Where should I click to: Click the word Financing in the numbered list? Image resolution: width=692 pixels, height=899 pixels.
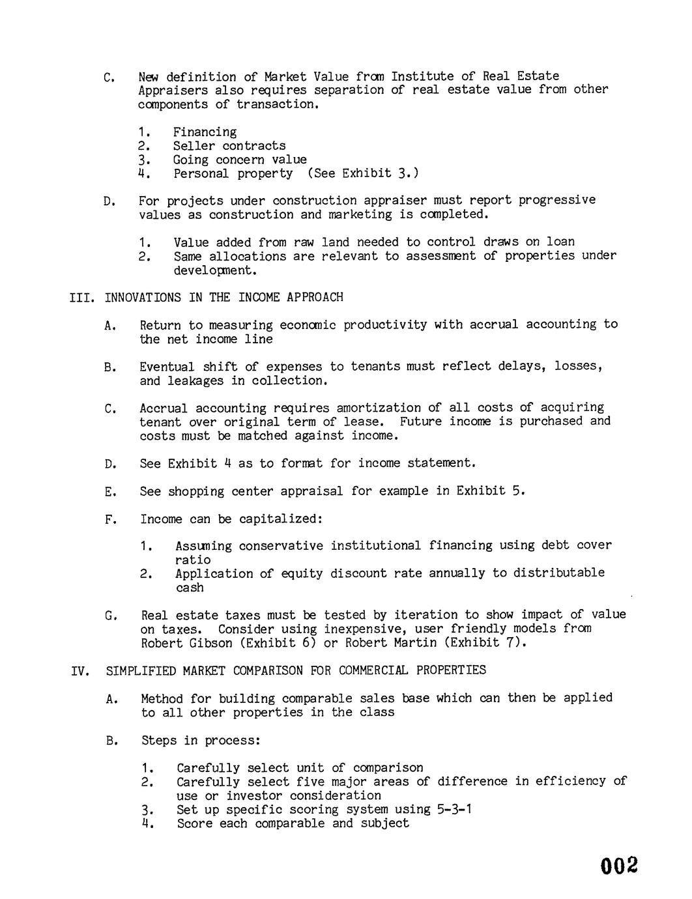(x=205, y=132)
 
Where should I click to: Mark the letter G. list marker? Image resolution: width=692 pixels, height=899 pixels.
(x=111, y=616)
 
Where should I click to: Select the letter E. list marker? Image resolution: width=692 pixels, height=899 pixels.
(x=110, y=492)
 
